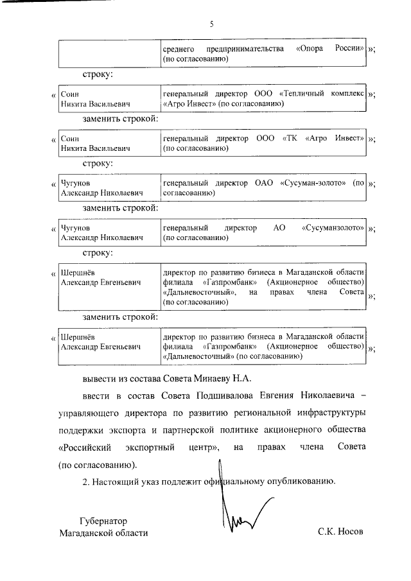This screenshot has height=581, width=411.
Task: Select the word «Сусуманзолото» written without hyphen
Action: tap(333, 228)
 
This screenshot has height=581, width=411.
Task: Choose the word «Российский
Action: tap(85, 446)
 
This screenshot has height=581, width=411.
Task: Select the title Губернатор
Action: tap(104, 521)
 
